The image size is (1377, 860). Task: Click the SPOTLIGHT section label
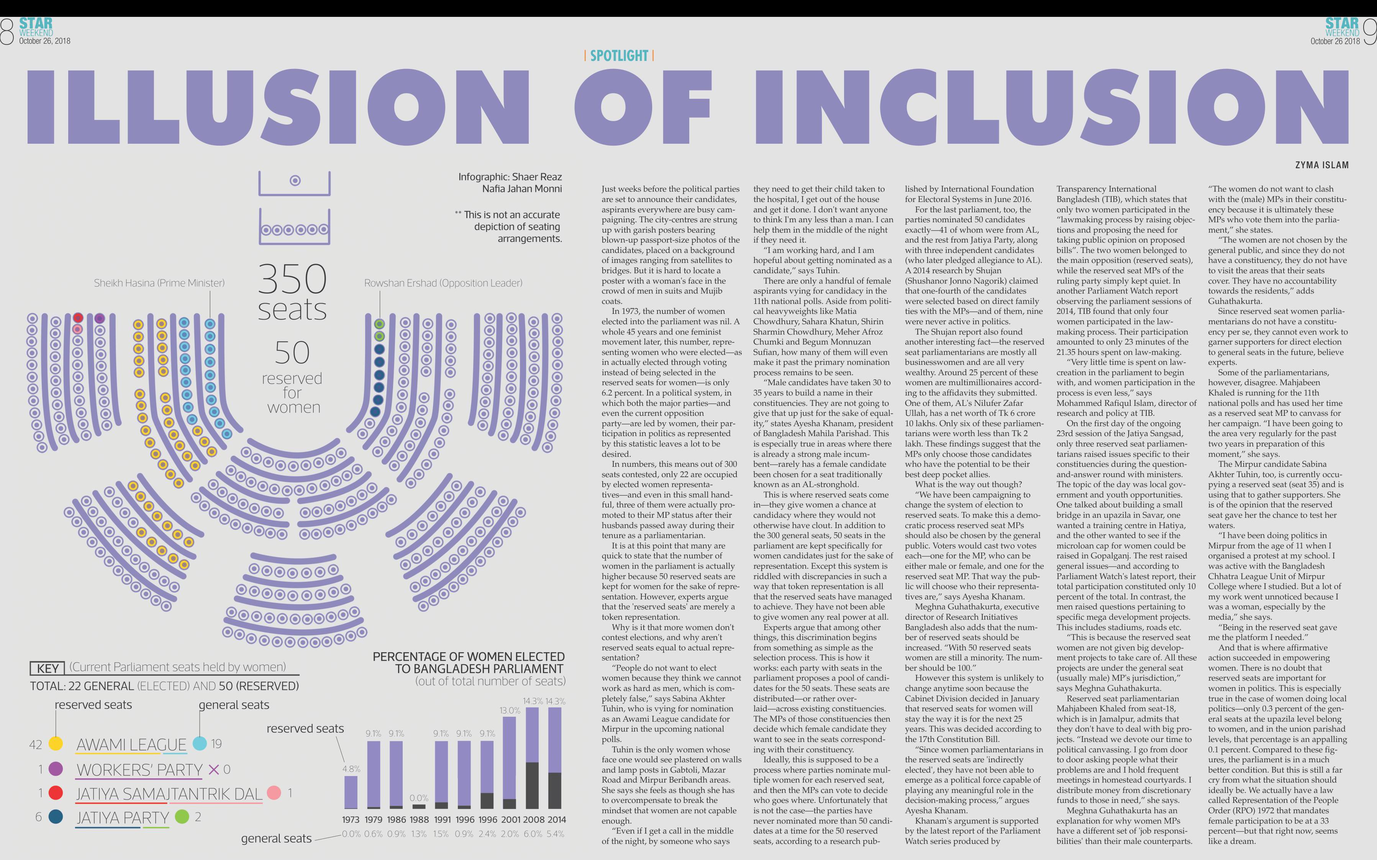pos(619,56)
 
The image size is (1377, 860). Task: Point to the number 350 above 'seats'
pos(292,279)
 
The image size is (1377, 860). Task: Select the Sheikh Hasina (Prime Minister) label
pos(159,283)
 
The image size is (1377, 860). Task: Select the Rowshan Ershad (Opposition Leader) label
pos(443,283)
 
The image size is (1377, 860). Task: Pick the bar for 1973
pos(351,792)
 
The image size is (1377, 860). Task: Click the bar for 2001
pos(510,762)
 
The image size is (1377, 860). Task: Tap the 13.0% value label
pos(510,711)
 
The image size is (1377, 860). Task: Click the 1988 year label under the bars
pos(419,820)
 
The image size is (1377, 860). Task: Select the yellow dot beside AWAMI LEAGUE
pos(55,743)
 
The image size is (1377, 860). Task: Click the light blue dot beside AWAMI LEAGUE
pos(200,743)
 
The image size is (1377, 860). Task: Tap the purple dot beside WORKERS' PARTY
pos(56,769)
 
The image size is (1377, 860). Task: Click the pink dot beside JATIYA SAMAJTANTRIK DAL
pos(274,792)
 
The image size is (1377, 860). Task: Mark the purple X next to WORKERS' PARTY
pos(214,770)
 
